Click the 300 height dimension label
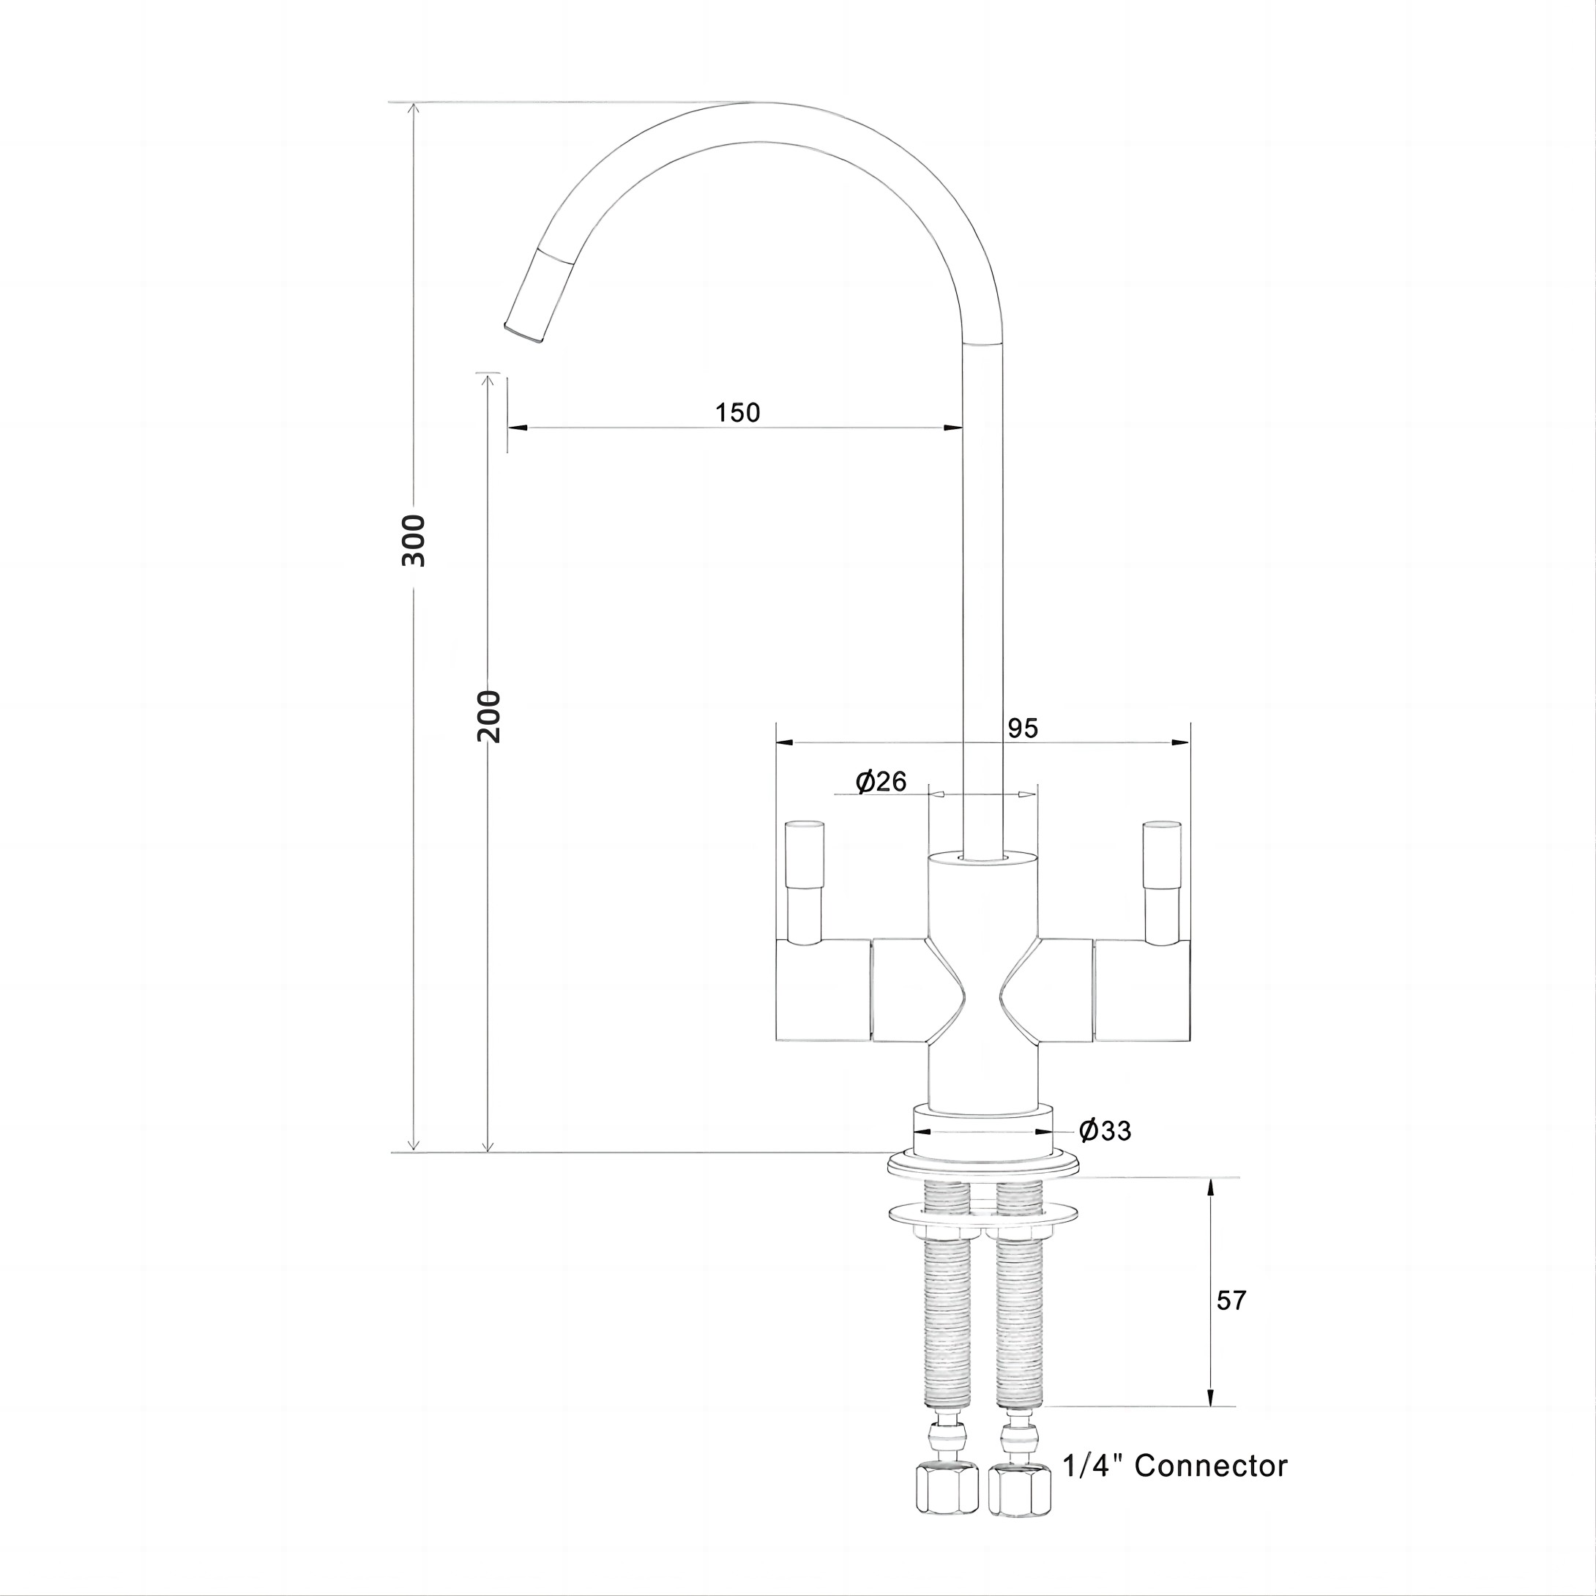click(413, 540)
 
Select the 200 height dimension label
click(489, 716)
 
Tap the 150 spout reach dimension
click(737, 412)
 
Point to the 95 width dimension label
click(1022, 728)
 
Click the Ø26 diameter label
click(881, 781)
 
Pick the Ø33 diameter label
click(1105, 1131)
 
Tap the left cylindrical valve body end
click(823, 990)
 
